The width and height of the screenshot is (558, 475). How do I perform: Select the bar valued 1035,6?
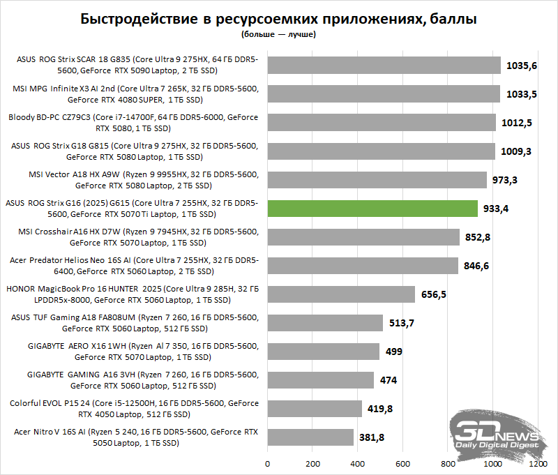tap(384, 66)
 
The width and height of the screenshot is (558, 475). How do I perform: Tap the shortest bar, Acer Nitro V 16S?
tap(310, 437)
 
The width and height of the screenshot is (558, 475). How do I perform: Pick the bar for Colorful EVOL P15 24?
tap(314, 409)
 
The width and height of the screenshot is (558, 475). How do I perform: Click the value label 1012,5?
tap(517, 123)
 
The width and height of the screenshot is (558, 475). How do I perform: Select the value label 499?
tap(394, 352)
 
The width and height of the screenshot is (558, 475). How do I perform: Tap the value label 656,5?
tap(434, 294)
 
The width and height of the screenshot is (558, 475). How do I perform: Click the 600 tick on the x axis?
tap(402, 462)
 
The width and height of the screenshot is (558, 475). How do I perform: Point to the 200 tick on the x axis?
tap(312, 462)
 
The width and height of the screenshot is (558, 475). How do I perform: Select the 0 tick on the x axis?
tap(267, 462)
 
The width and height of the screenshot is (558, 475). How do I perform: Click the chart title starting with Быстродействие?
tap(279, 19)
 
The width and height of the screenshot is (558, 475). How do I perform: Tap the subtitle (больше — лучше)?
tap(279, 33)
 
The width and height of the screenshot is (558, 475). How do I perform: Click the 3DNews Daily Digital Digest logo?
tap(497, 433)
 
